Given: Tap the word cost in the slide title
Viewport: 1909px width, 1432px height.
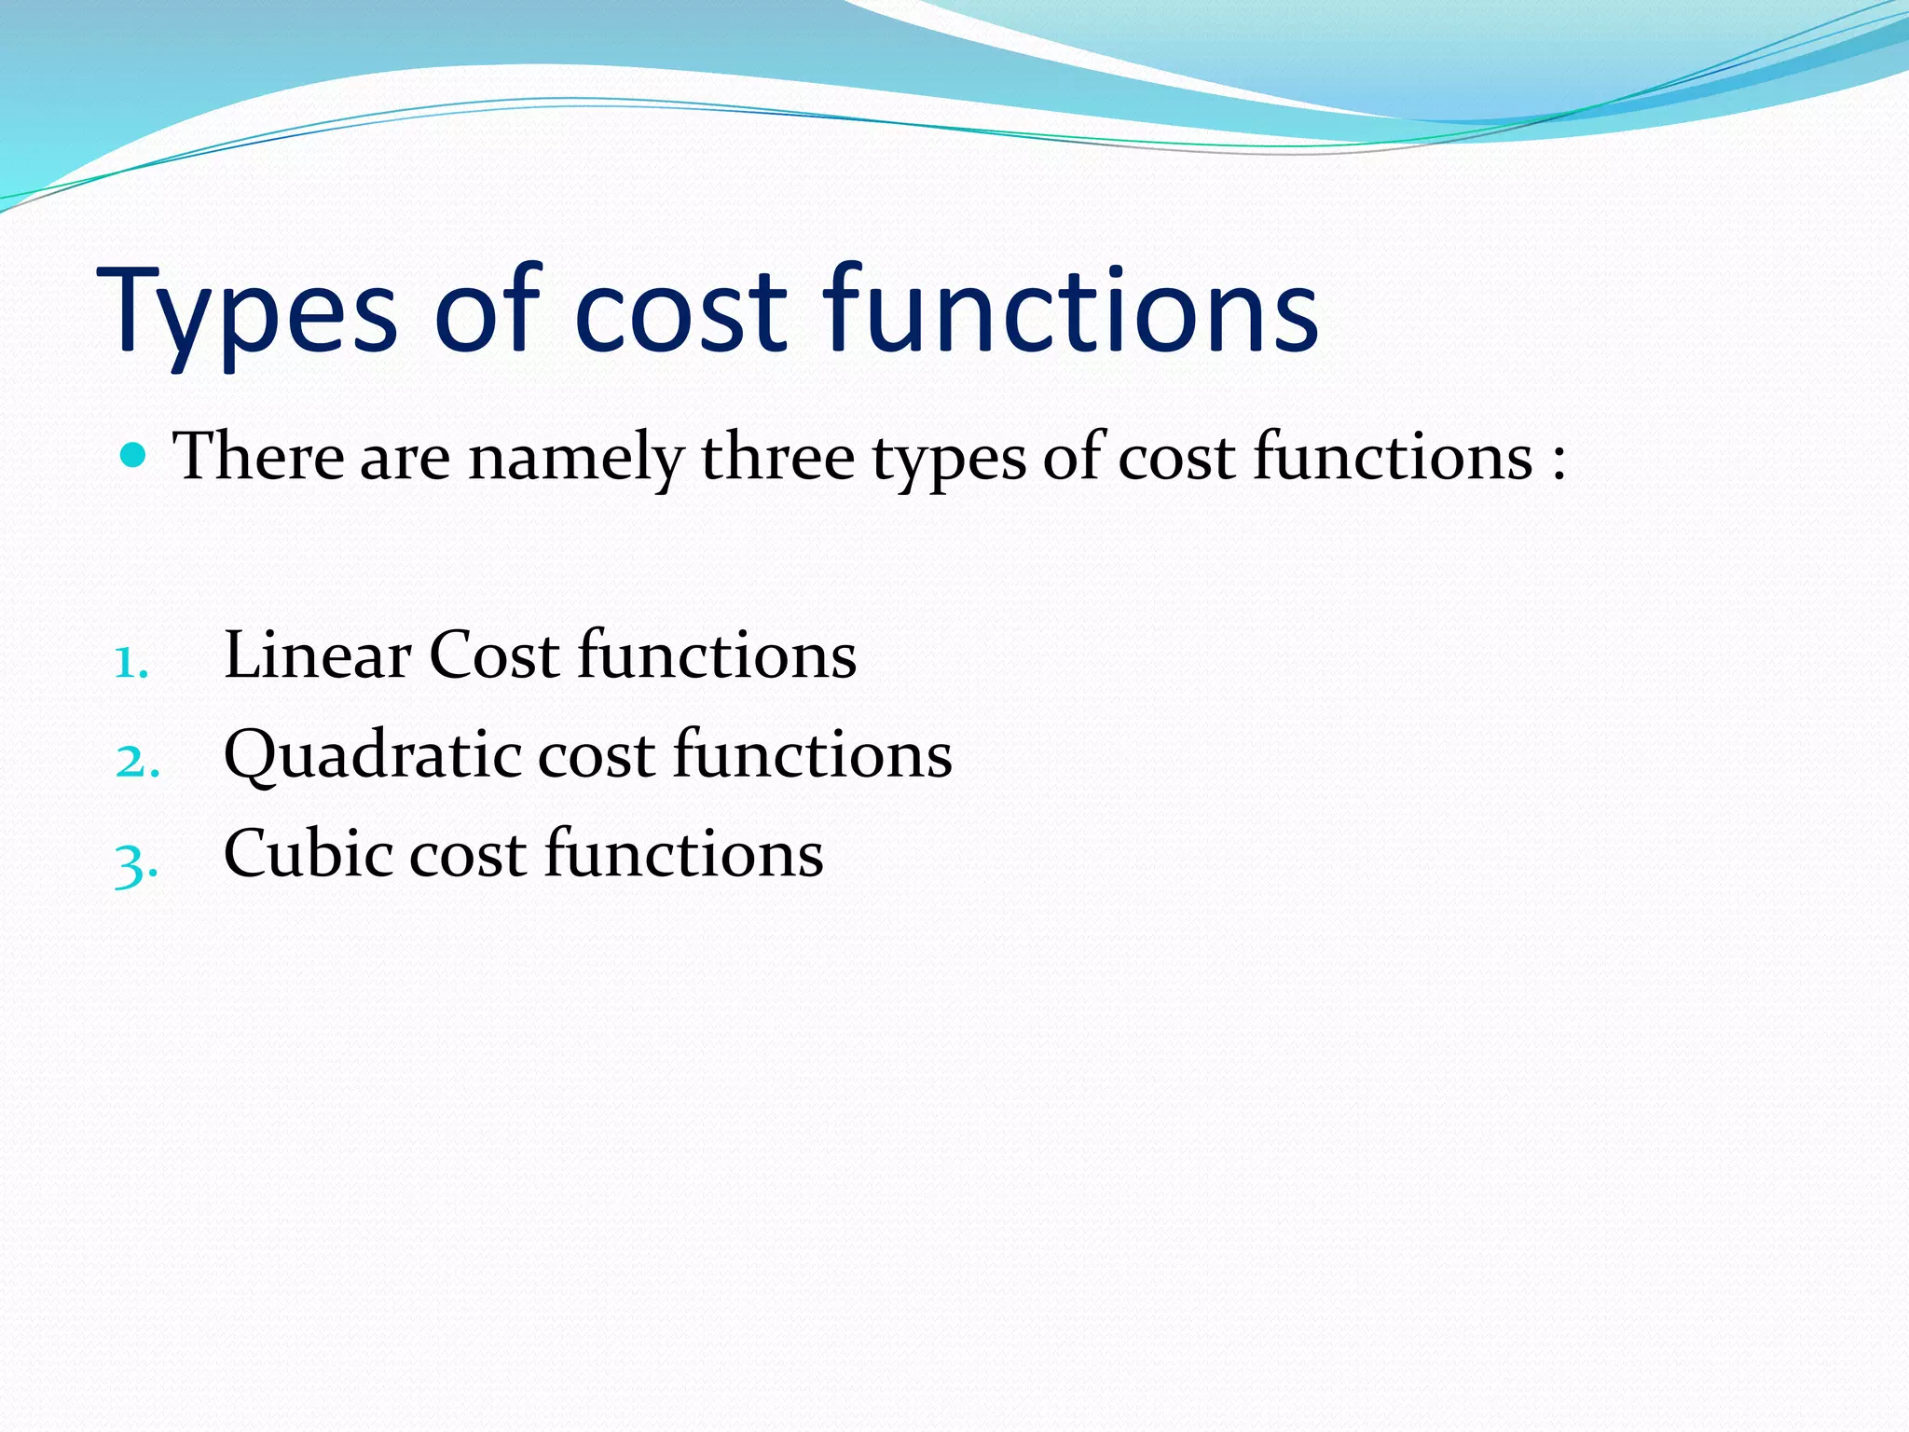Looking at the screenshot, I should pyautogui.click(x=683, y=312).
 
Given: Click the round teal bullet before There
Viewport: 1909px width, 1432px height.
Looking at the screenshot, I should pyautogui.click(x=134, y=455).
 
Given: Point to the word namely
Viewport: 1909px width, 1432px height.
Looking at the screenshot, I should pyautogui.click(x=575, y=459).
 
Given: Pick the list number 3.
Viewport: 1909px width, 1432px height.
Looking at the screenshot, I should pyautogui.click(x=135, y=863).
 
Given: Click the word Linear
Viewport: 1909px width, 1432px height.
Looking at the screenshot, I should pyautogui.click(x=317, y=654).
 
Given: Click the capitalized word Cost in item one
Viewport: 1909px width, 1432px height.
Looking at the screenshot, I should pyautogui.click(x=494, y=654).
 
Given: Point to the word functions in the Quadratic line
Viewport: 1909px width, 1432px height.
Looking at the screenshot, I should pyautogui.click(x=812, y=753).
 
